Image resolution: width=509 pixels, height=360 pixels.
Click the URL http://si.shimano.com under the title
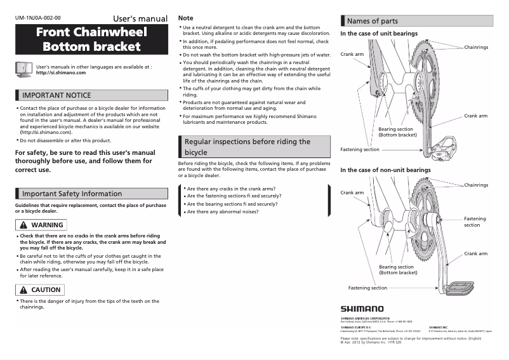pos(61,73)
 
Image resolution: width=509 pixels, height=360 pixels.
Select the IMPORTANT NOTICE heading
pos(56,95)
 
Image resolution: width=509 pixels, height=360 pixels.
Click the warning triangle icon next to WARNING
pos(23,225)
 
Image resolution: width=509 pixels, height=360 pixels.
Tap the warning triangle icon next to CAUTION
pos(23,290)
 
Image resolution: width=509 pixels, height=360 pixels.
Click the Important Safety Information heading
pos(72,194)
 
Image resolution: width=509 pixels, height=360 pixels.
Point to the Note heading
pos(186,18)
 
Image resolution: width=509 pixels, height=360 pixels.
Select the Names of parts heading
pos(373,21)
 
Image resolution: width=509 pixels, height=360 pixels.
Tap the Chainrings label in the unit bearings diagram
pos(477,48)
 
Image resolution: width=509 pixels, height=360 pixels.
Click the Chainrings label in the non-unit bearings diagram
pos(477,185)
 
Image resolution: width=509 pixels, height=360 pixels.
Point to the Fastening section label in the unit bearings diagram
pos(360,150)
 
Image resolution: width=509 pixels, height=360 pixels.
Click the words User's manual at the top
pos(140,18)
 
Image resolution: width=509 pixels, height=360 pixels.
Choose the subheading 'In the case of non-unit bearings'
pos(385,170)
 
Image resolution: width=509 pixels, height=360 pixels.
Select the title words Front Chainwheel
pos(91,32)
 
